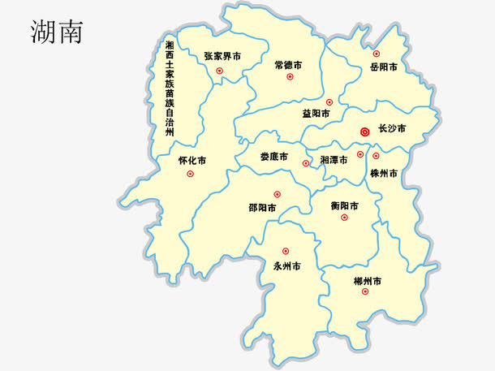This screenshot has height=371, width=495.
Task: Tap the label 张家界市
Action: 222,57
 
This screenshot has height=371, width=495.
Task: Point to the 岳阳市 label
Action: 383,67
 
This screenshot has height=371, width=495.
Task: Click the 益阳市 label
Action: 316,114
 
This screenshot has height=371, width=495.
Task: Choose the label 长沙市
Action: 392,129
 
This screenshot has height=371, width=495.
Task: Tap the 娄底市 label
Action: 274,157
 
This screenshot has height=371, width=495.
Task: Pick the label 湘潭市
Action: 334,160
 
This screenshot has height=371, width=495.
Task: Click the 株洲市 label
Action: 384,174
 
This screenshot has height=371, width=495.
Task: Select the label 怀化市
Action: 192,161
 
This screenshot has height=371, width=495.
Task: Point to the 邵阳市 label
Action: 262,208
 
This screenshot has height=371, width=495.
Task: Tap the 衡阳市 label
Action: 345,205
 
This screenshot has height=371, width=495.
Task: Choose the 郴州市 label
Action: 368,280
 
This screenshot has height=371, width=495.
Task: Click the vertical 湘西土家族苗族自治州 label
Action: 169,89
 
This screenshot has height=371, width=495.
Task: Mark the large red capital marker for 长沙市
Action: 365,130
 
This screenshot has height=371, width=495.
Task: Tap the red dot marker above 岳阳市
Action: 377,54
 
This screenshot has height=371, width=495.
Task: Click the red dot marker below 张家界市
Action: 220,71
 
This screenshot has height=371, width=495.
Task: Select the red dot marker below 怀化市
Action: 191,174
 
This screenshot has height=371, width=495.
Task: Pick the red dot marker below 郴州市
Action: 364,291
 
